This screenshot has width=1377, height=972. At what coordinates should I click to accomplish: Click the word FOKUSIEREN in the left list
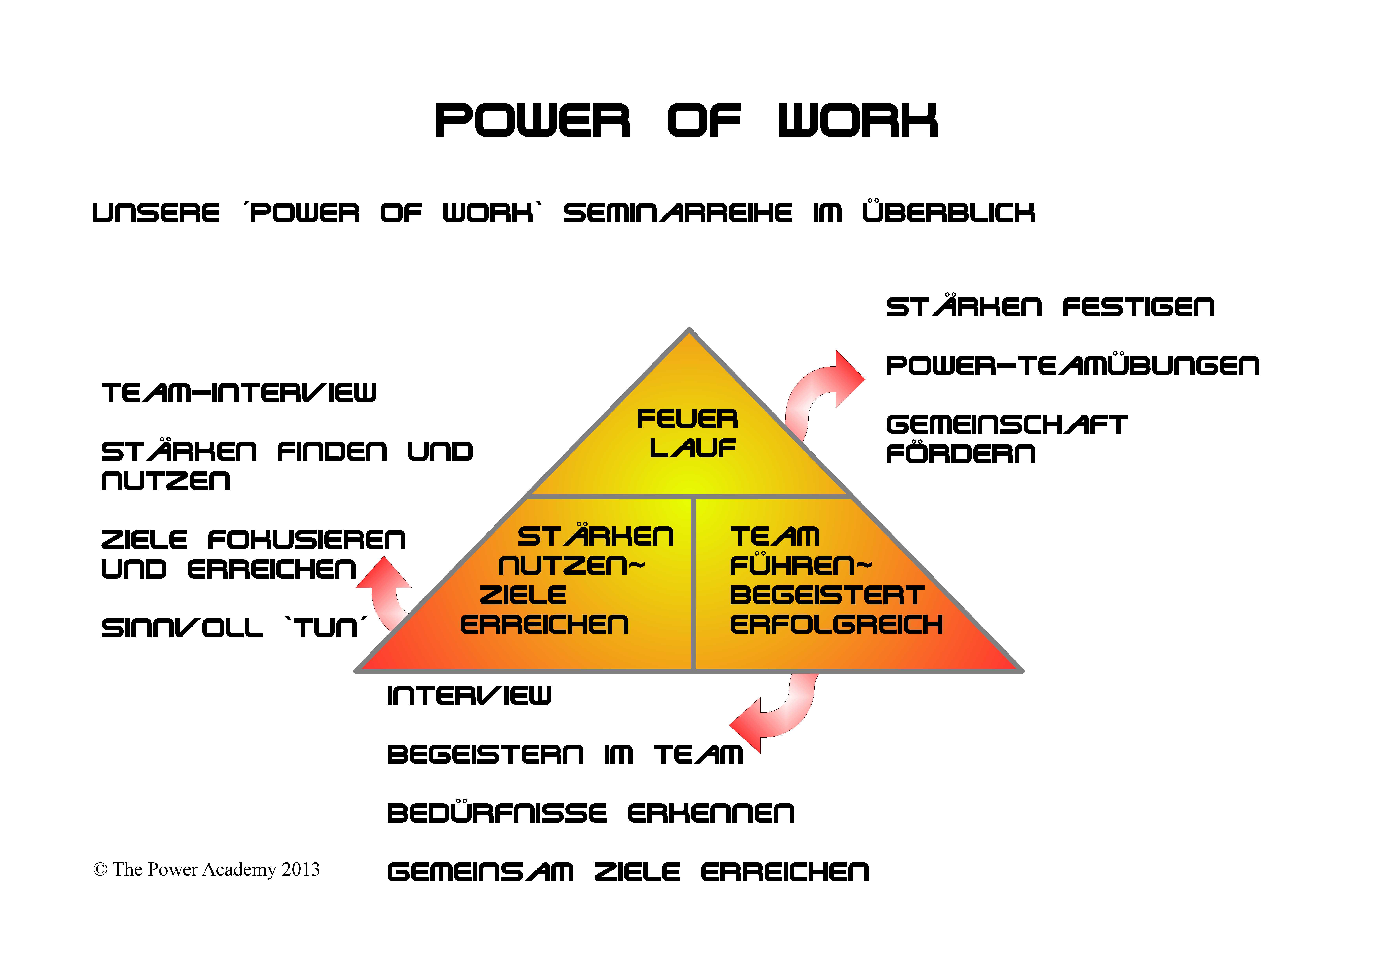(x=307, y=540)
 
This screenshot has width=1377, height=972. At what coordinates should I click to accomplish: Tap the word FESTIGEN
(x=1138, y=307)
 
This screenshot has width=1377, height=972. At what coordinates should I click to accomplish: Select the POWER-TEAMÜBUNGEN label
(x=1072, y=366)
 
